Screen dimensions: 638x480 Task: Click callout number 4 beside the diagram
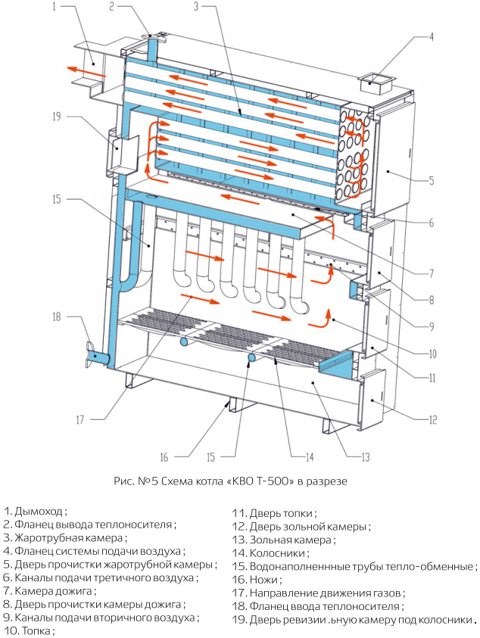pyautogui.click(x=432, y=36)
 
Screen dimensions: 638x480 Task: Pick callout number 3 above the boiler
pyautogui.click(x=197, y=8)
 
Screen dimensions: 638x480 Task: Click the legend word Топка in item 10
pyautogui.click(x=36, y=630)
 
